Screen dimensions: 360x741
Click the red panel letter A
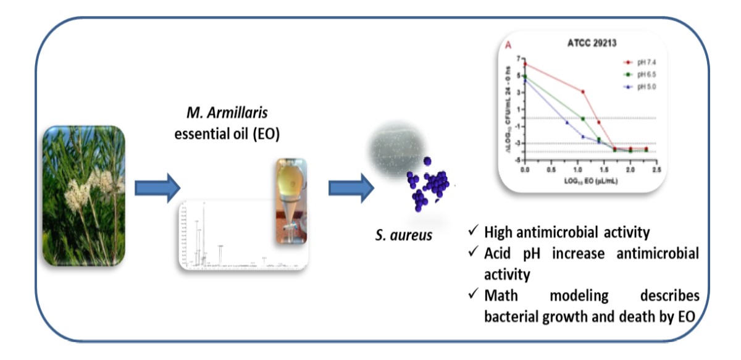click(508, 45)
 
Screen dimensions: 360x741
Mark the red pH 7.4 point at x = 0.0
click(525, 64)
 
